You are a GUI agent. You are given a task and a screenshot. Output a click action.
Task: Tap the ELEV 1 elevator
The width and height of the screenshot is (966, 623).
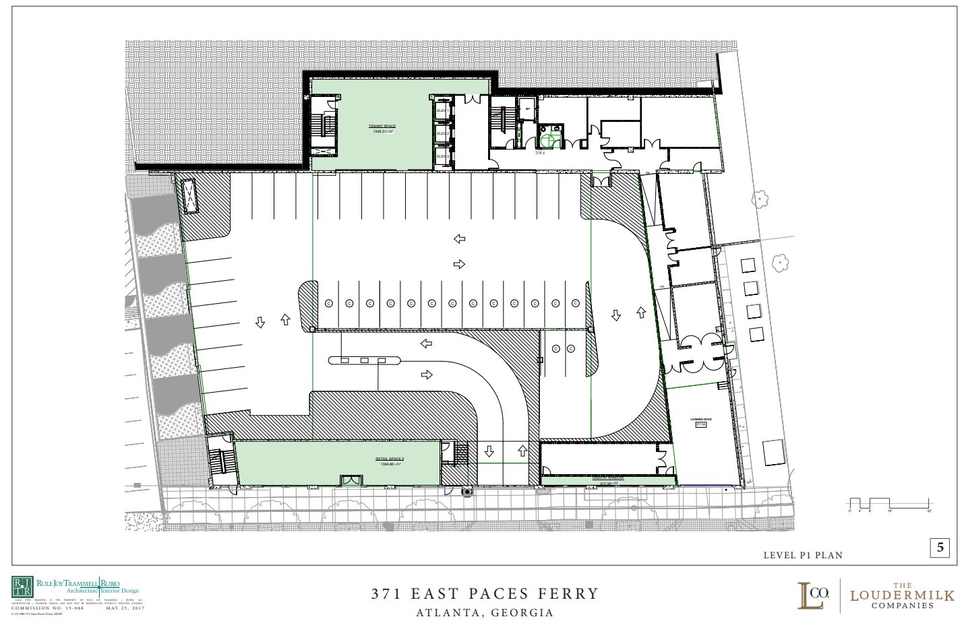(x=443, y=110)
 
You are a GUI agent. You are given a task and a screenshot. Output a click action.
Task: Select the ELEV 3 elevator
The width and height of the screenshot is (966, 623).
(x=443, y=156)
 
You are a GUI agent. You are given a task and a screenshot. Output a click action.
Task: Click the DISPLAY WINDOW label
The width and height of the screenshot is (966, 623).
(x=607, y=479)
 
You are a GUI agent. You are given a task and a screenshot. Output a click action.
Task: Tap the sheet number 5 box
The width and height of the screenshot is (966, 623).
(x=940, y=549)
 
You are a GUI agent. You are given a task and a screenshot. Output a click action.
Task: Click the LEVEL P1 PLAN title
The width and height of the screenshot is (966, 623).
(x=802, y=556)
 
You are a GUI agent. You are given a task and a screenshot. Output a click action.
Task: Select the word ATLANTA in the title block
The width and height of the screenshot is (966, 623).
(x=448, y=614)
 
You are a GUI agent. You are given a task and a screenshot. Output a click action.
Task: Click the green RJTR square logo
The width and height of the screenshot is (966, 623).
(x=22, y=587)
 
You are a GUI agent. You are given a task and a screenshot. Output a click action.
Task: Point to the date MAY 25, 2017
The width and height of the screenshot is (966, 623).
(x=125, y=608)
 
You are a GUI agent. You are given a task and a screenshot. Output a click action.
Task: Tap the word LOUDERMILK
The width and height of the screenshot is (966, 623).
(x=902, y=595)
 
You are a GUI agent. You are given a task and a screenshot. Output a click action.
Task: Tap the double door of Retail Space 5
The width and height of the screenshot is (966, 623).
(x=350, y=480)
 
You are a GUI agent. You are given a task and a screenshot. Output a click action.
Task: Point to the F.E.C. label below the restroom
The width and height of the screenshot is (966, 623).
(x=540, y=153)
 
